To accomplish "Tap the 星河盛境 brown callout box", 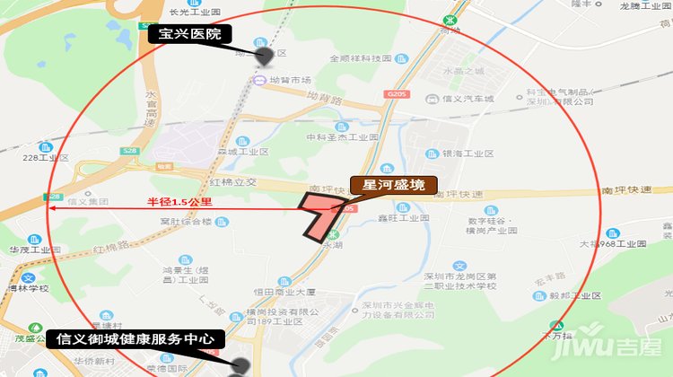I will tap(394, 187).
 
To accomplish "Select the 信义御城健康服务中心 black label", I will tap(135, 339).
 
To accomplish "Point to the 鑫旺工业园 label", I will tap(403, 218).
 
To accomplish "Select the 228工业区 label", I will tap(46, 157).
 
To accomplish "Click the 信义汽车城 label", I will tap(470, 99).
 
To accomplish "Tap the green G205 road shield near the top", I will tap(395, 93).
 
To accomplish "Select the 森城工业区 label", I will tap(243, 152).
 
